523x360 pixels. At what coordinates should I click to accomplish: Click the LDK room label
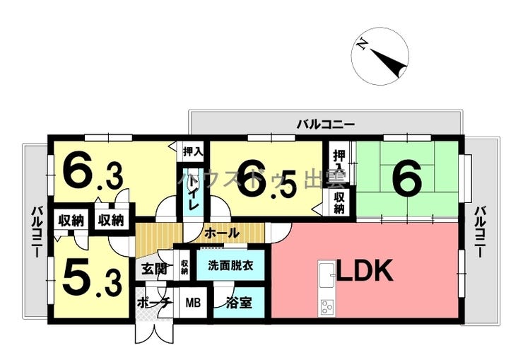point(364,272)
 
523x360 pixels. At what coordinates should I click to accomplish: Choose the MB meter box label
point(193,304)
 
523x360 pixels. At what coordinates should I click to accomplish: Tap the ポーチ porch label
point(154,304)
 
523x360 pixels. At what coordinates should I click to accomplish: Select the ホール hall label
point(221,233)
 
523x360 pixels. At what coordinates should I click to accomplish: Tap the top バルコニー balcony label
point(325,124)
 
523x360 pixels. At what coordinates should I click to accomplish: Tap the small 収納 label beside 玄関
point(184,267)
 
